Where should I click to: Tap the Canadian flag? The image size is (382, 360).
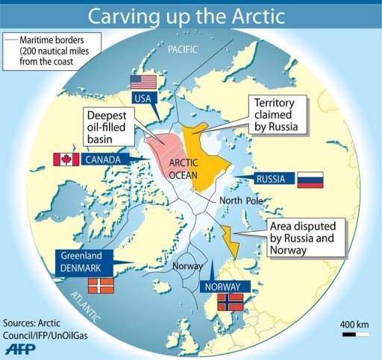66,159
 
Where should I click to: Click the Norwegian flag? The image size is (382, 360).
230,302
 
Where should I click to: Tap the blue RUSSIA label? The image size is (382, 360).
270,179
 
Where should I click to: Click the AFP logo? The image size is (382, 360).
22,347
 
